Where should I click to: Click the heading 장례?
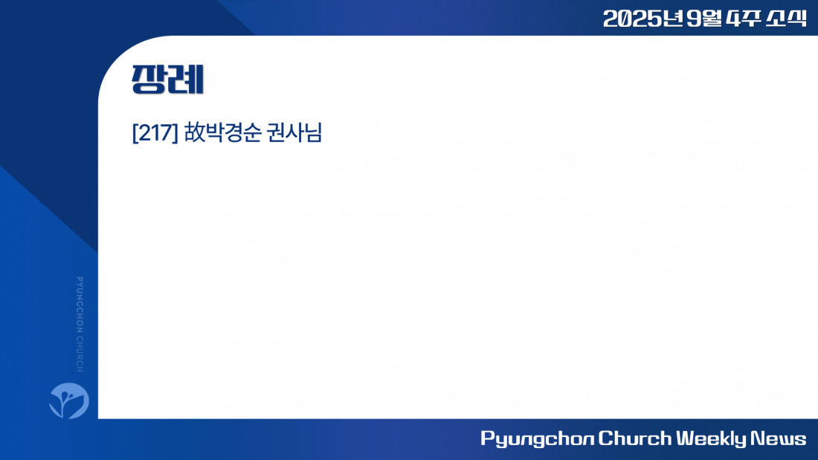167,80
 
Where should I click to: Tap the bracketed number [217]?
155,132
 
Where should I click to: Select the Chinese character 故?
196,132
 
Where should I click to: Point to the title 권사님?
294,132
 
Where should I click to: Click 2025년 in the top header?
643,19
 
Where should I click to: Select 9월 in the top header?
703,19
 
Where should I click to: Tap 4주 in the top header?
743,19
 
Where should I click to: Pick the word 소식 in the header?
786,19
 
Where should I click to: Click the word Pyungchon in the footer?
537,438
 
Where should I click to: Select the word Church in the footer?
634,438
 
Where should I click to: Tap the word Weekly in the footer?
710,438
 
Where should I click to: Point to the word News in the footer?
778,438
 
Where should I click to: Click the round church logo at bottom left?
69,401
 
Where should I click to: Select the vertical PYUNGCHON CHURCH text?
80,325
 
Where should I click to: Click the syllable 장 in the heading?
149,80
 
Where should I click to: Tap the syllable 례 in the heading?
186,80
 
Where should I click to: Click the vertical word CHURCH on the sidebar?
80,354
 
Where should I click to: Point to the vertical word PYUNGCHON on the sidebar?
80,305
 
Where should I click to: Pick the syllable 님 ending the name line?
313,132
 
